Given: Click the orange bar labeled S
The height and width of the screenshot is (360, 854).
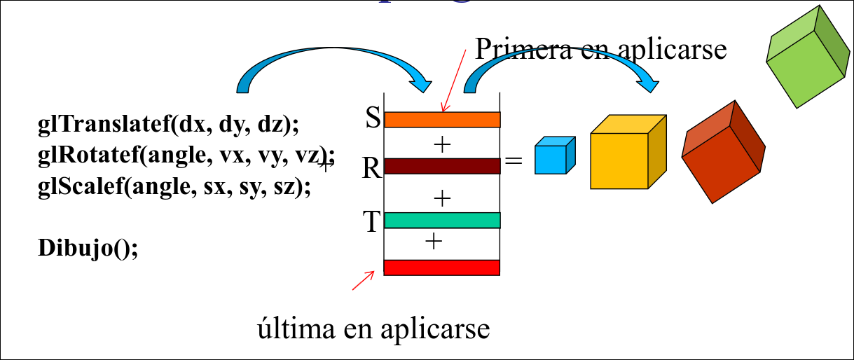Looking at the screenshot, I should point(442,120).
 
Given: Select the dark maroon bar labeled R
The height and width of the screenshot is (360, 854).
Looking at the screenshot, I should point(442,166).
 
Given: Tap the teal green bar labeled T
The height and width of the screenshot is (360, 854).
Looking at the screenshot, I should point(442,220).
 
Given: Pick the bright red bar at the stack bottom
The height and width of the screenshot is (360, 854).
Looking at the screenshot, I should point(442,268).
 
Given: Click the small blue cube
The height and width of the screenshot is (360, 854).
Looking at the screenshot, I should point(553,155).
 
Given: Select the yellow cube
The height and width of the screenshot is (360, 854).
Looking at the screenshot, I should point(627,152).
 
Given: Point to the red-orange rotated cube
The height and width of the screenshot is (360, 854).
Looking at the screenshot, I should point(722,151).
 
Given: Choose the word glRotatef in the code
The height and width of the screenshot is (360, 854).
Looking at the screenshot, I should point(84,156).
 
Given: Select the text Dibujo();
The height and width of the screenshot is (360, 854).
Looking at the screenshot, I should point(88,249).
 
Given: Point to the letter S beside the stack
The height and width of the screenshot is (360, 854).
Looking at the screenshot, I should point(373,118).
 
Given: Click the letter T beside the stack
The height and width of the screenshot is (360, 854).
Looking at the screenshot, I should point(371,221).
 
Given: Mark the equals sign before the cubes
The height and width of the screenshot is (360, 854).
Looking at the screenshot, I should point(514,161).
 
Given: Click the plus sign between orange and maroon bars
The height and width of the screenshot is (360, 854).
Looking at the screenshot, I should point(441,144).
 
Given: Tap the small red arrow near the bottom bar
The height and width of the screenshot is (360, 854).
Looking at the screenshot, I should point(362,280).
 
